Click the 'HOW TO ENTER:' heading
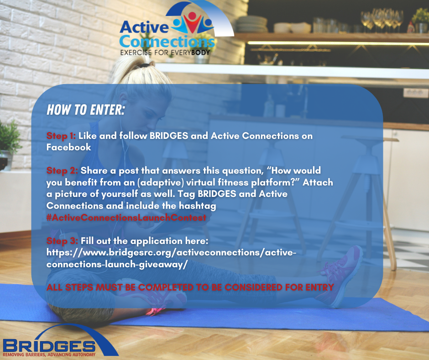coord(86,110)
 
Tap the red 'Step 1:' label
coord(61,136)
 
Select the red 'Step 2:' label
coord(62,171)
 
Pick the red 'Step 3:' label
coord(62,241)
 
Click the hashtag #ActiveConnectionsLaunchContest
coord(126,217)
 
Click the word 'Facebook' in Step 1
coord(68,147)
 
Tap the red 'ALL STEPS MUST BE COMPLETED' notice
coord(190,287)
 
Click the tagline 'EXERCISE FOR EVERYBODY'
coord(165,53)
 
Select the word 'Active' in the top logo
coord(144,27)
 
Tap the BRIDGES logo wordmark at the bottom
coord(49,346)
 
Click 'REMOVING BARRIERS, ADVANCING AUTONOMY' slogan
coord(49,355)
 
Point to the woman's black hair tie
coord(144,65)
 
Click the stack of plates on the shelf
coord(252,24)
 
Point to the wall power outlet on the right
coord(416,93)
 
